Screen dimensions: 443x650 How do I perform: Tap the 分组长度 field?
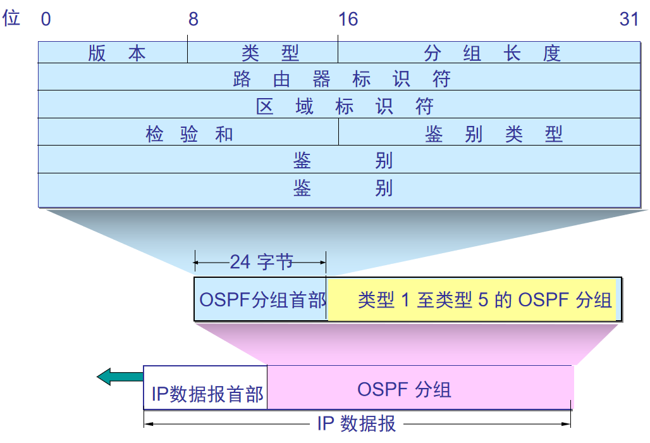point(492,53)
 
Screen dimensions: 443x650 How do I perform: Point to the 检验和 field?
point(189,134)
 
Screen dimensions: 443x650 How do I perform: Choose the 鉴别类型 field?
point(493,134)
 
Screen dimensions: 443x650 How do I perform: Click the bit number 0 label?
point(46,20)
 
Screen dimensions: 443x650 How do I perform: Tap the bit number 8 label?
point(193,20)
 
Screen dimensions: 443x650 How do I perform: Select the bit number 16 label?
point(348,20)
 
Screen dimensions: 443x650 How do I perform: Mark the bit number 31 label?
point(629,20)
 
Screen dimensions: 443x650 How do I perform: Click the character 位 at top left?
point(11,18)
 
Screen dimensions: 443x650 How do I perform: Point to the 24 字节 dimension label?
point(261,261)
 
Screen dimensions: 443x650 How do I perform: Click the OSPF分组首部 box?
point(262,299)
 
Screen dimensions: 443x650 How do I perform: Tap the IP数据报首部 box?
point(207,395)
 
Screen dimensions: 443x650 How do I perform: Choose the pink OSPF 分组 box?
point(405,389)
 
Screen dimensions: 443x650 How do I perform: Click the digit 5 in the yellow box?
point(483,299)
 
